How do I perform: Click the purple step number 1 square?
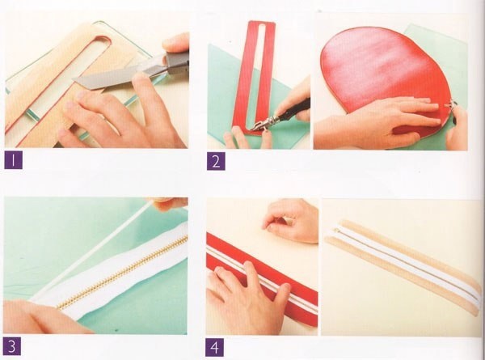pyautogui.click(x=13, y=160)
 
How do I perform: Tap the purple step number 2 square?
pyautogui.click(x=216, y=161)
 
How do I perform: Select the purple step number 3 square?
pyautogui.click(x=12, y=346)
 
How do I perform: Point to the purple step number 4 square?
pyautogui.click(x=215, y=348)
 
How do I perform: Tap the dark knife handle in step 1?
pyautogui.click(x=177, y=63)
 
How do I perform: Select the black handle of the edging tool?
pyautogui.click(x=295, y=109)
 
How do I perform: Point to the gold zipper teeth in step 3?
pyautogui.click(x=122, y=273)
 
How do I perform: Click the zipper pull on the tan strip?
pyautogui.click(x=335, y=231)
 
